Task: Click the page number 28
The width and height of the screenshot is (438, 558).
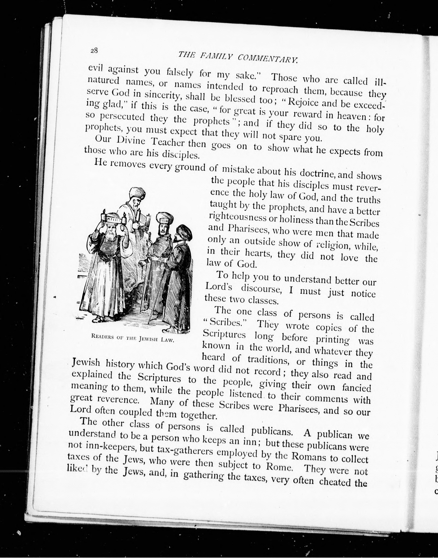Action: click(94, 51)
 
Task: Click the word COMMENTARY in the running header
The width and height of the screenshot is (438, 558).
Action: click(268, 59)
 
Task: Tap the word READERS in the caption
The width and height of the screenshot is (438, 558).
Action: click(102, 337)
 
